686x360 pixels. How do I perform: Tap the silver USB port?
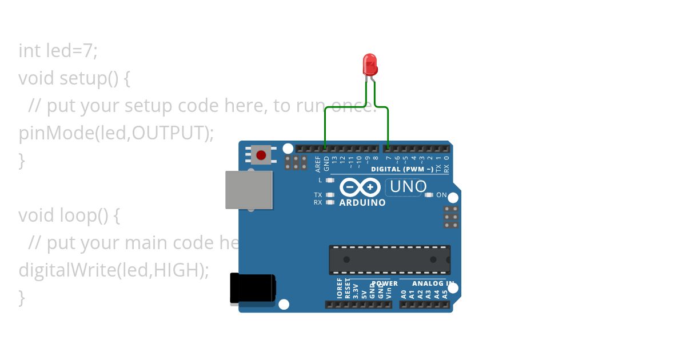tap(249, 190)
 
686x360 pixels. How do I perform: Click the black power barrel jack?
tap(252, 288)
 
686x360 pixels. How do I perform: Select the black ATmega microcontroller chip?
tap(389, 259)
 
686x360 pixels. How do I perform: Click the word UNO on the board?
tap(408, 187)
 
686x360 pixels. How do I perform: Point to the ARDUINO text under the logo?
tap(362, 203)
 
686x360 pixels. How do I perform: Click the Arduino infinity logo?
tap(360, 187)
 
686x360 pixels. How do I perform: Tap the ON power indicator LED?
tap(430, 195)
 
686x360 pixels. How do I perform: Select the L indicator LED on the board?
tap(329, 180)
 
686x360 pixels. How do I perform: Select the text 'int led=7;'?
tap(58, 51)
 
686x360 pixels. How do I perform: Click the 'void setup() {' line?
tap(74, 78)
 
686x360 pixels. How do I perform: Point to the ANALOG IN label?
tap(433, 283)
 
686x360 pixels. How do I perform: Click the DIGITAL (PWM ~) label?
tap(402, 169)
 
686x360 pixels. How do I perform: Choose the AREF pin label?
tap(318, 164)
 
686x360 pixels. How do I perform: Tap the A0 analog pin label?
tap(404, 294)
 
